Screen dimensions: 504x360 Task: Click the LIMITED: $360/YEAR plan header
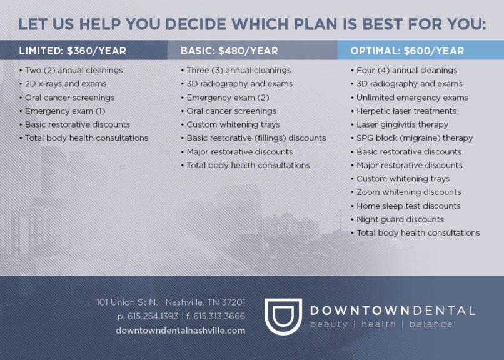(73, 51)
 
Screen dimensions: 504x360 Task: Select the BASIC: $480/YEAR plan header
(229, 51)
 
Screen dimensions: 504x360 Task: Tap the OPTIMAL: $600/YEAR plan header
(407, 51)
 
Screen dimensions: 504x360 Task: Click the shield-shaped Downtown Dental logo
(283, 317)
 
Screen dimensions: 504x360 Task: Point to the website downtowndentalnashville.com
(180, 331)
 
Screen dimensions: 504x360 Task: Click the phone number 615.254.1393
(153, 316)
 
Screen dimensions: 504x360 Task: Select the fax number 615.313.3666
(219, 316)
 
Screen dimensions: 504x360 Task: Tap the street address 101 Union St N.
(127, 302)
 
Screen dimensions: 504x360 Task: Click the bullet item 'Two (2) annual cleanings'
(74, 71)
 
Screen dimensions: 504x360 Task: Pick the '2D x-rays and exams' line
(66, 84)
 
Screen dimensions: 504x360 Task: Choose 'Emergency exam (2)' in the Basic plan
(228, 97)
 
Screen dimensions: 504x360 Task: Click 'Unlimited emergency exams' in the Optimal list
(413, 97)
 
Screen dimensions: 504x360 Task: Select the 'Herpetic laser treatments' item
(406, 111)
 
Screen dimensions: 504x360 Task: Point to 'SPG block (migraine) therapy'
(415, 138)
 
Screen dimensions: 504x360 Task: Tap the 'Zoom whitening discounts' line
(409, 192)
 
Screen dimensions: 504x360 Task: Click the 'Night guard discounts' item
(400, 219)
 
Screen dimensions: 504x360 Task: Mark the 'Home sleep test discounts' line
(408, 206)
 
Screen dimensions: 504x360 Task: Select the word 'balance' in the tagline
(431, 324)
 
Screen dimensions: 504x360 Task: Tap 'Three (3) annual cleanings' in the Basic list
(239, 71)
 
